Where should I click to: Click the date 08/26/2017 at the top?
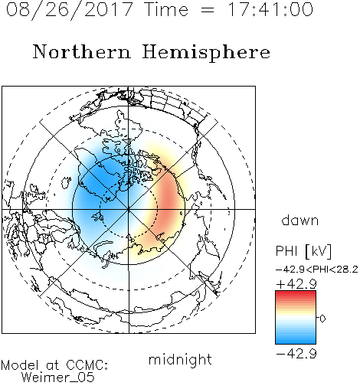(x=69, y=10)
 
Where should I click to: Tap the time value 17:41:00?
(x=270, y=9)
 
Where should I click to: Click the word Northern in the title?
(x=81, y=51)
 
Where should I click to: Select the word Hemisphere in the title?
(x=206, y=53)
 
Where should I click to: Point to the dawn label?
(x=300, y=221)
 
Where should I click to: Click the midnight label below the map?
(x=180, y=360)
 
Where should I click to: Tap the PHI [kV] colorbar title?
(x=303, y=251)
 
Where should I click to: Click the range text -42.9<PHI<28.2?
(x=317, y=270)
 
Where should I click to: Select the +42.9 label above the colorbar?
(x=296, y=284)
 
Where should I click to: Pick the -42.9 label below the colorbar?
(x=296, y=354)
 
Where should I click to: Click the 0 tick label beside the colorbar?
(x=322, y=319)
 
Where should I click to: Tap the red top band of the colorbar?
(x=296, y=293)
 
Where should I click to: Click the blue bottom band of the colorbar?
(x=296, y=341)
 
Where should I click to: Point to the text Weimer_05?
(x=58, y=378)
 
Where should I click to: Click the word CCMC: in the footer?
(x=87, y=365)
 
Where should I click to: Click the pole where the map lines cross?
(x=129, y=209)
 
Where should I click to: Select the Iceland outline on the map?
(x=66, y=182)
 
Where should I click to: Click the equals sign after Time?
(x=208, y=10)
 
